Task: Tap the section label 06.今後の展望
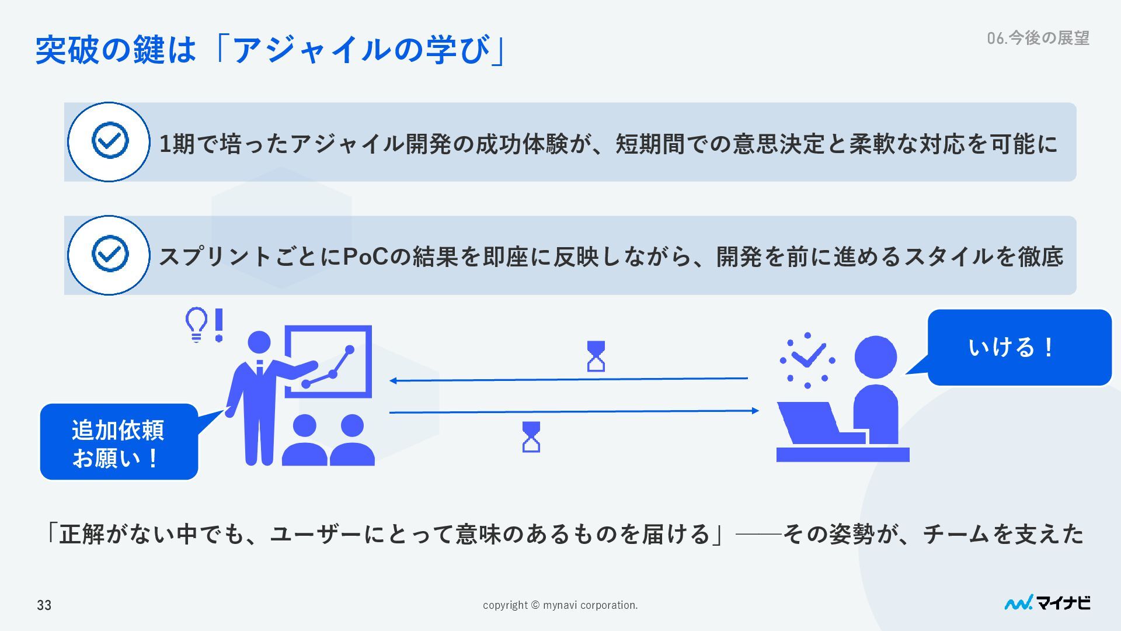[x=1038, y=38]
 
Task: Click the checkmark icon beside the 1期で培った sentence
[x=109, y=141]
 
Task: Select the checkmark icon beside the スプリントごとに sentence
[x=109, y=255]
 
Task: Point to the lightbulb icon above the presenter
[x=196, y=324]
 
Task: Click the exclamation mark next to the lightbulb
[x=219, y=325]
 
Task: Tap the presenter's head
[x=259, y=342]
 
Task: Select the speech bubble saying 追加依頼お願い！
[x=119, y=442]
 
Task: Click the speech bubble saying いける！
[x=1019, y=347]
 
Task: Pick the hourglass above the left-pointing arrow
[x=596, y=356]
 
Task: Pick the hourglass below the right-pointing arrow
[x=531, y=437]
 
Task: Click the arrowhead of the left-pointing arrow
[x=394, y=381]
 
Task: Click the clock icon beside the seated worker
[x=807, y=360]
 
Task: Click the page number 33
[x=44, y=605]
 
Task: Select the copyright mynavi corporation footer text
[x=560, y=605]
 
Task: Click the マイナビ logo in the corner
[x=1047, y=603]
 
